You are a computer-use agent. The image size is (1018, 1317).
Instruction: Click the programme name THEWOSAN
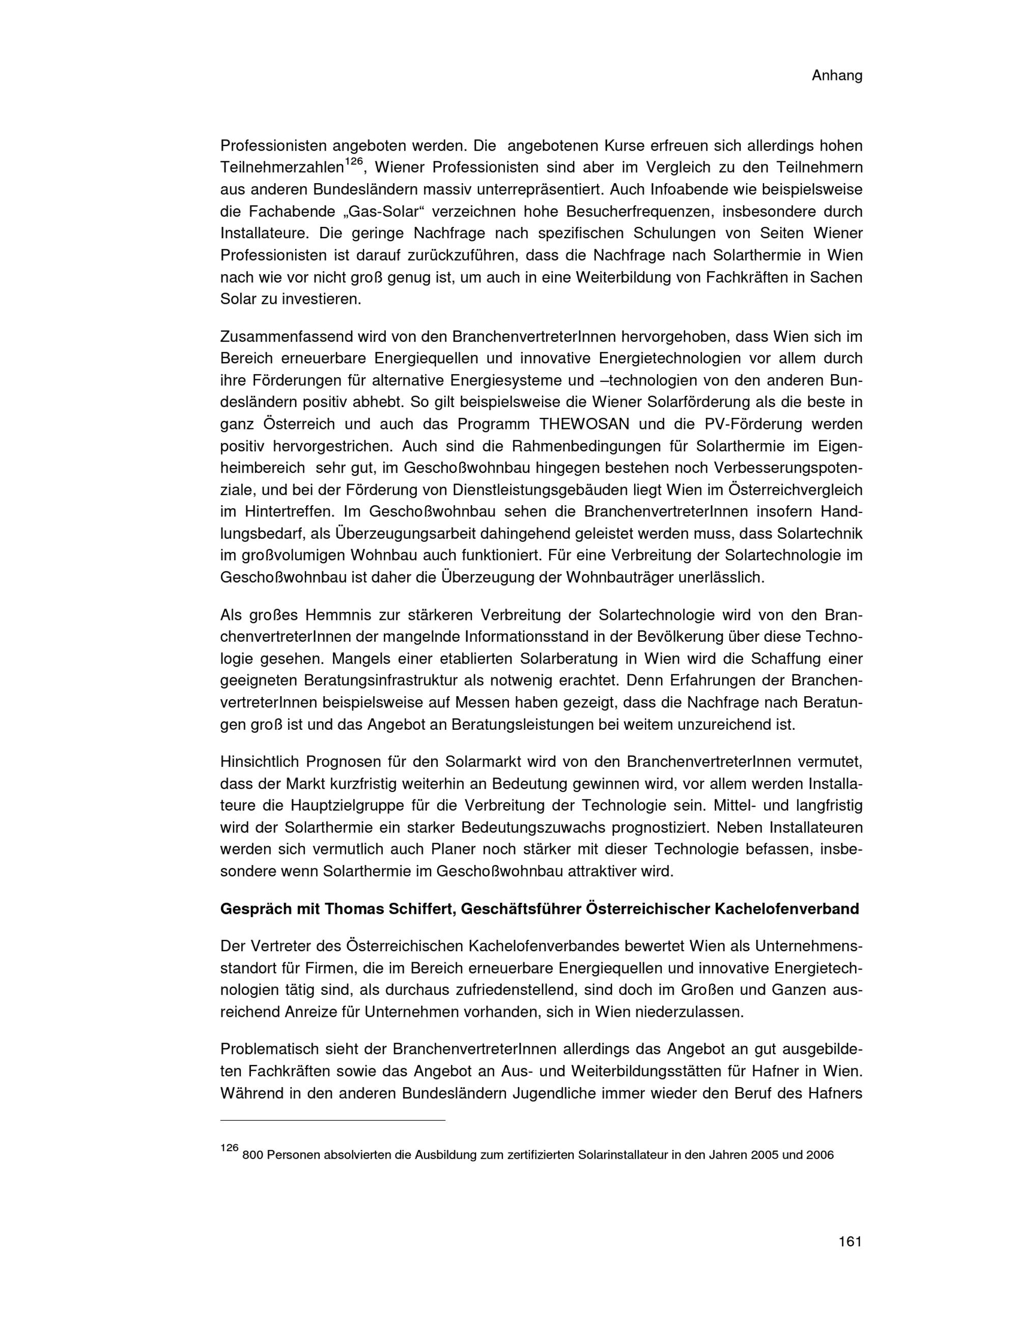(584, 424)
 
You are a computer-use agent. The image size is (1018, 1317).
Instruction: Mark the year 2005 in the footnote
(767, 1155)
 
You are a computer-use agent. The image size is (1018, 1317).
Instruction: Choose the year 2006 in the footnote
(818, 1155)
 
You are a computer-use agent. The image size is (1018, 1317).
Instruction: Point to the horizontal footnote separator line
(332, 1121)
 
